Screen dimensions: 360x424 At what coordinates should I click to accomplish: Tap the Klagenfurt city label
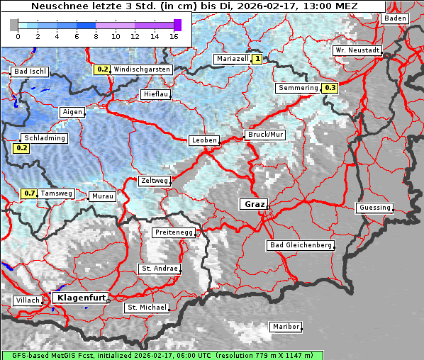coord(80,298)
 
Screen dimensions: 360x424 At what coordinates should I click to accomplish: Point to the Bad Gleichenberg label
coord(300,245)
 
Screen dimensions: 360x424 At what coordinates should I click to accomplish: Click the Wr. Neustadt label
coord(357,51)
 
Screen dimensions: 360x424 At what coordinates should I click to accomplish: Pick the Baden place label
coord(395,18)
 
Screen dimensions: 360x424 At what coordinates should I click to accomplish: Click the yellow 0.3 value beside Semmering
coord(330,88)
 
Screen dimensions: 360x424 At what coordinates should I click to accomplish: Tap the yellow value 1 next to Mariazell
coord(257,60)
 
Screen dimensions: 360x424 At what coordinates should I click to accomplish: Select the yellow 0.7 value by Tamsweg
coord(29,193)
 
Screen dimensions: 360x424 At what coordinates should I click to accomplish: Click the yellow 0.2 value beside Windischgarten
coord(102,69)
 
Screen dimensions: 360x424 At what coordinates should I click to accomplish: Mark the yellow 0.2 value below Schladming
coord(21,148)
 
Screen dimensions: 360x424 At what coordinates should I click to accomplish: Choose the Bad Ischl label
coord(30,72)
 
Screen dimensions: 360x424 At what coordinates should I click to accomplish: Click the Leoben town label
coord(204,140)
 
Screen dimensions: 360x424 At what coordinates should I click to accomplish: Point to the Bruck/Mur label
coord(264,134)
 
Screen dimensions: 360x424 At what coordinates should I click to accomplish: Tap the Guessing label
coord(374,208)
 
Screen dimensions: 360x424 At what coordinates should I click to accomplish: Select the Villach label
coord(27,300)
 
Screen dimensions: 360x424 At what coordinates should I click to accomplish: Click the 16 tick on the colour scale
coord(174,35)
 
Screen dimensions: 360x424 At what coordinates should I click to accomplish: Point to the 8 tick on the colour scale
coord(96,35)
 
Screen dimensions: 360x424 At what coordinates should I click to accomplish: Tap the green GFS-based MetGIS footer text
coord(162,355)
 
